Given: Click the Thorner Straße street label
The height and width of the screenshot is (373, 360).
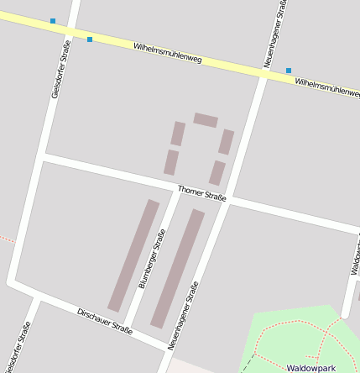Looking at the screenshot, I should point(202,194).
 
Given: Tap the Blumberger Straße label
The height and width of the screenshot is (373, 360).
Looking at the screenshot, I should point(152,260).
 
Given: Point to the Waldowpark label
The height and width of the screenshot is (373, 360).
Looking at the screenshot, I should point(310,368).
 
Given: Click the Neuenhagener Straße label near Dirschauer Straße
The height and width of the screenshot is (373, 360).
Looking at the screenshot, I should point(184,315).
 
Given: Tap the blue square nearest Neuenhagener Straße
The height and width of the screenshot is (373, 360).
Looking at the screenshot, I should point(289,71).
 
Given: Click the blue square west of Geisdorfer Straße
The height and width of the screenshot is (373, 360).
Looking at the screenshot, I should point(53,21).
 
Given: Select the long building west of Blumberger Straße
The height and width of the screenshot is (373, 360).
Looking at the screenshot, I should point(133,255).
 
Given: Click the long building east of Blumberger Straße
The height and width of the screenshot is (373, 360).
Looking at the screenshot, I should point(177,268).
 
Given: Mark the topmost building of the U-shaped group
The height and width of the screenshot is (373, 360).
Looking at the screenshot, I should point(206,120).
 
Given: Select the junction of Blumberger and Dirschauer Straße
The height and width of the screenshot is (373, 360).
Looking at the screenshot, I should point(128,328).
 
